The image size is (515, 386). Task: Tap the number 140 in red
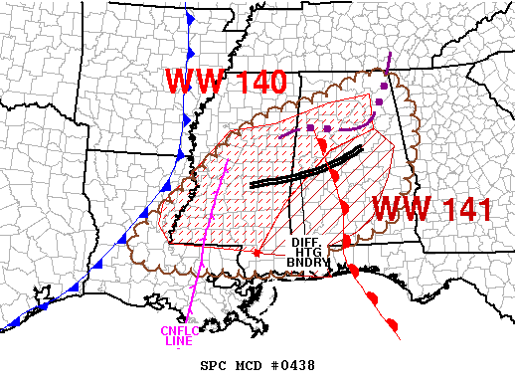coord(256,82)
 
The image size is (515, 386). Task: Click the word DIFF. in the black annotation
coord(303,242)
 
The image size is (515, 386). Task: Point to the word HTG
coord(303,252)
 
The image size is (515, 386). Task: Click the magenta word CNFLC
coord(177,331)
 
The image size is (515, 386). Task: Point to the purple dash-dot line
coord(328,128)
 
